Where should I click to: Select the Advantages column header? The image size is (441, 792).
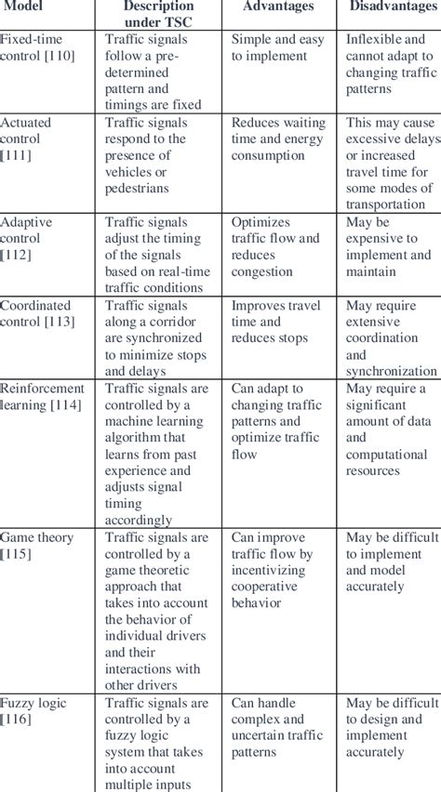point(279,8)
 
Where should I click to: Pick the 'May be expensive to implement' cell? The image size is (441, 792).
point(389,246)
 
